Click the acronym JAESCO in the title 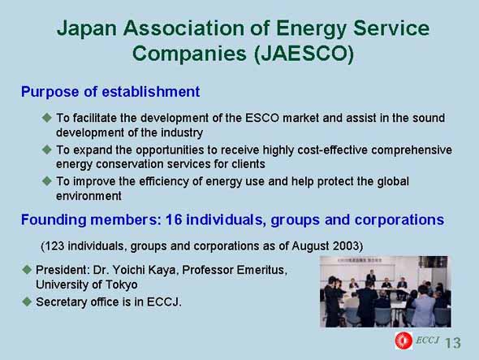pos(304,54)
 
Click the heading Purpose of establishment pos(110,92)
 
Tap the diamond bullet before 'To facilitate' pos(47,118)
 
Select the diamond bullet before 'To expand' pos(47,150)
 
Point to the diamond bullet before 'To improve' pos(47,180)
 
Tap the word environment pos(88,196)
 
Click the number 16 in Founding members pos(174,219)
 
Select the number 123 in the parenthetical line pos(55,246)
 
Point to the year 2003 pos(346,246)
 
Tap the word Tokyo pos(121,284)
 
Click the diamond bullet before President pos(27,270)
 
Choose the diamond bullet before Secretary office pos(27,301)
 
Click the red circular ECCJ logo pos(403,340)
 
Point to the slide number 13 pos(453,343)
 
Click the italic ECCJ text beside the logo pos(427,340)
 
